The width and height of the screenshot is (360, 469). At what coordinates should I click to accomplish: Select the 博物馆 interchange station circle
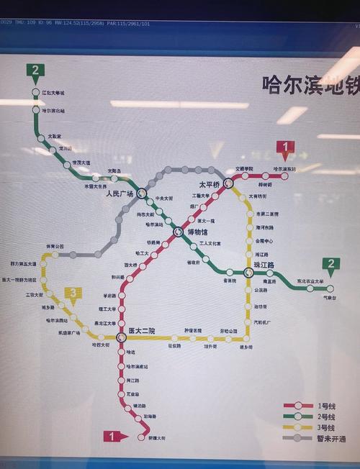pos(179,231)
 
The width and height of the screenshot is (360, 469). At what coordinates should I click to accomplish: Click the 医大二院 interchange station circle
pos(122,336)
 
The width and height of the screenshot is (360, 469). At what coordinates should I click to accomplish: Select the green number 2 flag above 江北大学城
pos(35,70)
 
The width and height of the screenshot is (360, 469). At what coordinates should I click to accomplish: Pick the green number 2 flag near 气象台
pos(331,264)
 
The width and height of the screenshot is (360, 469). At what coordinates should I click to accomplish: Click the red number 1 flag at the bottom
pos(112,436)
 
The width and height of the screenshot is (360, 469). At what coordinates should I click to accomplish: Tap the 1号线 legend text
pos(327,407)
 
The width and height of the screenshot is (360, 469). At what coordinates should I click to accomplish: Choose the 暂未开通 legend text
pos(330,439)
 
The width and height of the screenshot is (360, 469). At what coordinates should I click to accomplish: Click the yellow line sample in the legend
pos(297,428)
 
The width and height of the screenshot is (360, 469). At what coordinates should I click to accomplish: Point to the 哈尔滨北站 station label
pos(53,111)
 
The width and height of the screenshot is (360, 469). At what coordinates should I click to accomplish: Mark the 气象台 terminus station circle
pos(330,288)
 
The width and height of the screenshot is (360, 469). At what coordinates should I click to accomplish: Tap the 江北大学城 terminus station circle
pos(35,93)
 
